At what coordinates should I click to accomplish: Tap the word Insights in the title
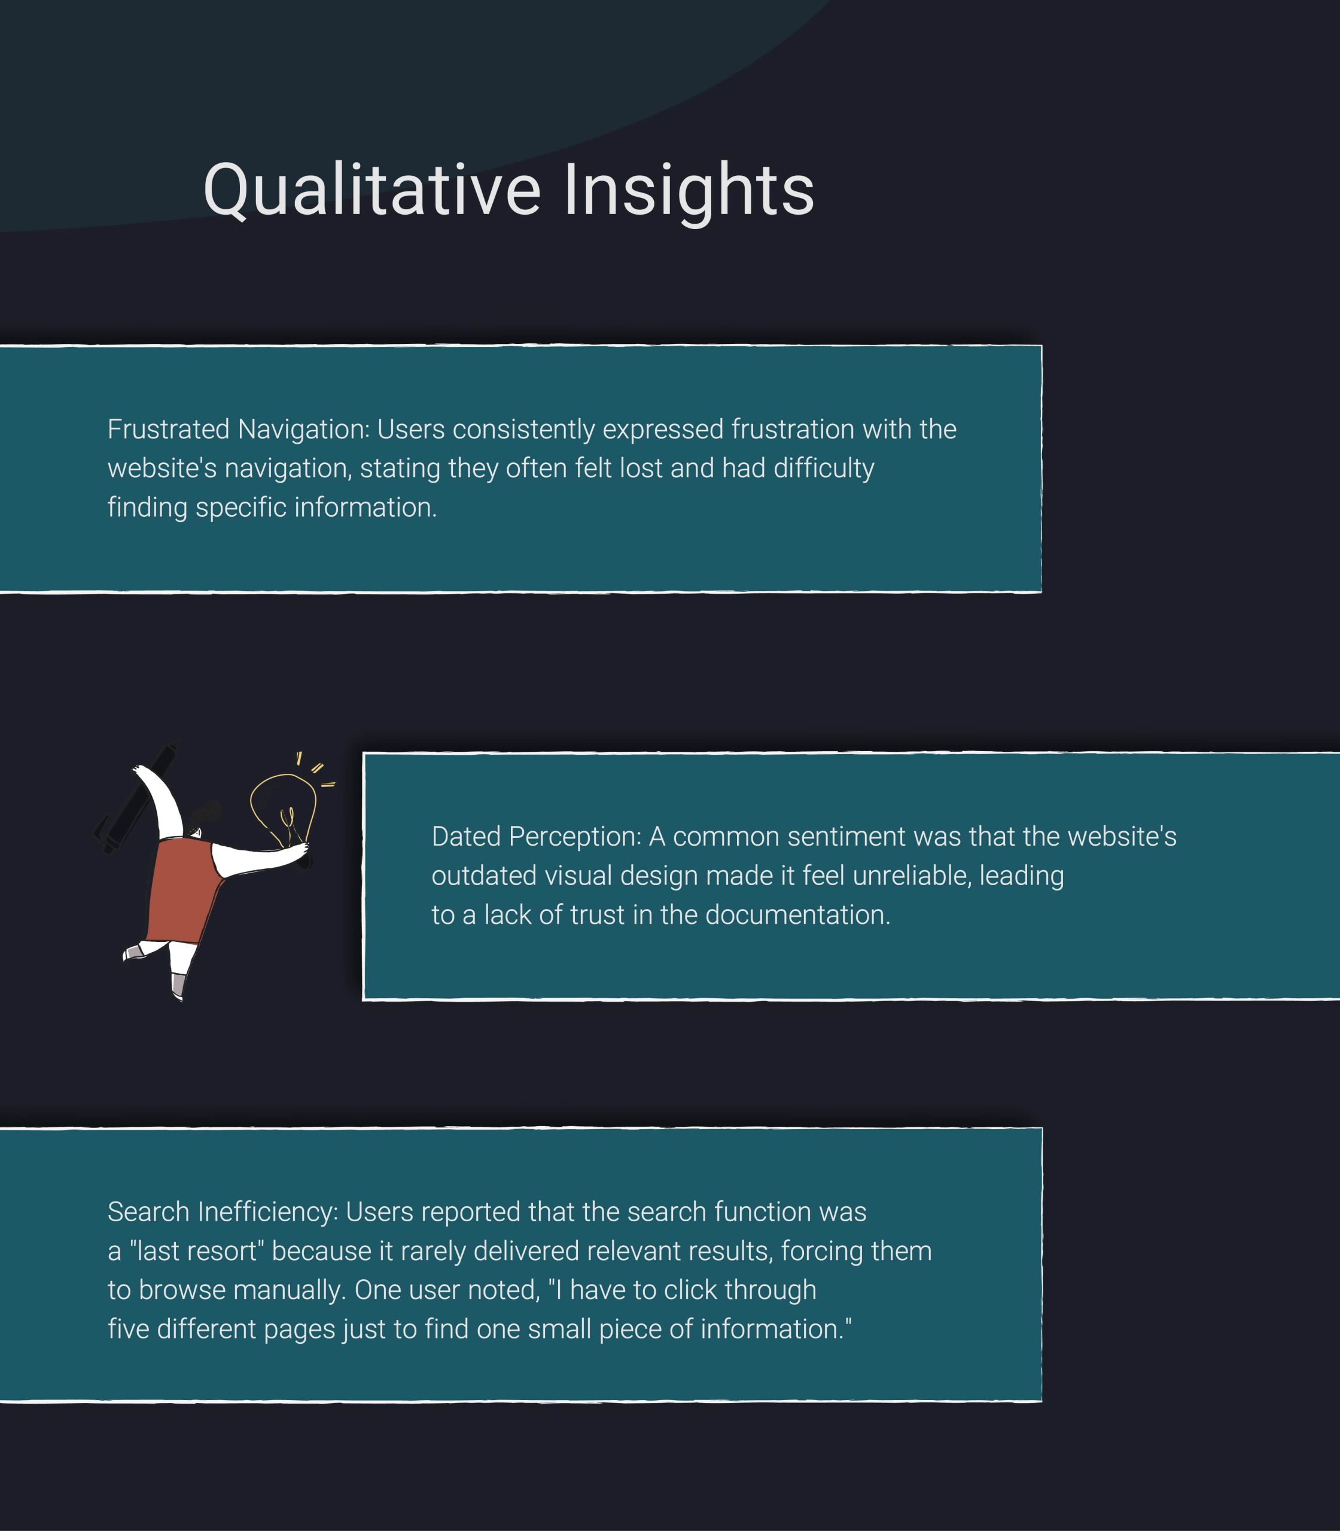click(x=689, y=191)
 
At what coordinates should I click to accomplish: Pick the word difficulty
click(x=824, y=469)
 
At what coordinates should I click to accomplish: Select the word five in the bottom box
click(x=129, y=1328)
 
